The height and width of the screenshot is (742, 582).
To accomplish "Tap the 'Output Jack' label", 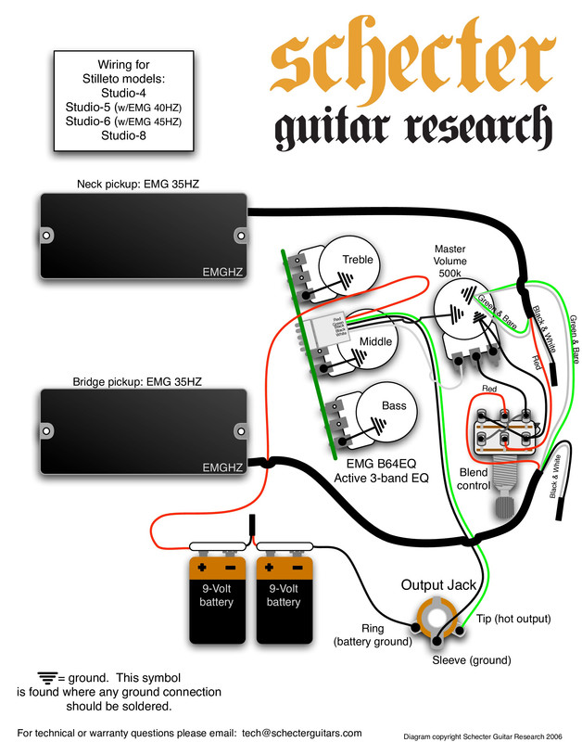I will (437, 585).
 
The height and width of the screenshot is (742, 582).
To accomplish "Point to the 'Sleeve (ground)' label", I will (471, 660).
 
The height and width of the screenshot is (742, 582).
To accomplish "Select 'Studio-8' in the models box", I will (123, 135).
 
